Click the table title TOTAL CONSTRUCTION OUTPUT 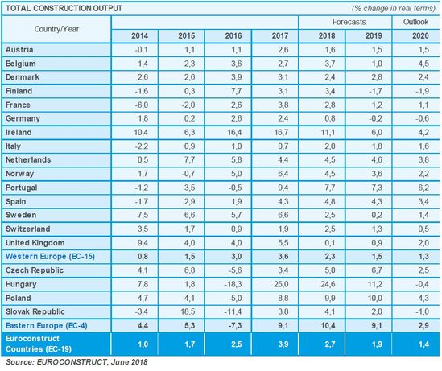64,8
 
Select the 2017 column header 280,35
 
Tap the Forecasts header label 349,22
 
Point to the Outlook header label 415,22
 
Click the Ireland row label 19,132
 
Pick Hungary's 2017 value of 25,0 281,284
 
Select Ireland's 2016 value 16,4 234,132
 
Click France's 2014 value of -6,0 142,105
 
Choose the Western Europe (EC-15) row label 50,257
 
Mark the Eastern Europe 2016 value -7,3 235,325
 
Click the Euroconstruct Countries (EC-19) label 39,344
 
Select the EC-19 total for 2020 423,344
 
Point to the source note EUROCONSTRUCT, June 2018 76,361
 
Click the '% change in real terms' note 394,9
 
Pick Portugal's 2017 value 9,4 283,188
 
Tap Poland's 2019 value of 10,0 375,298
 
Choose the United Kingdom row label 35,242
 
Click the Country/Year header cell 56,29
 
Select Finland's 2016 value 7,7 236,91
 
